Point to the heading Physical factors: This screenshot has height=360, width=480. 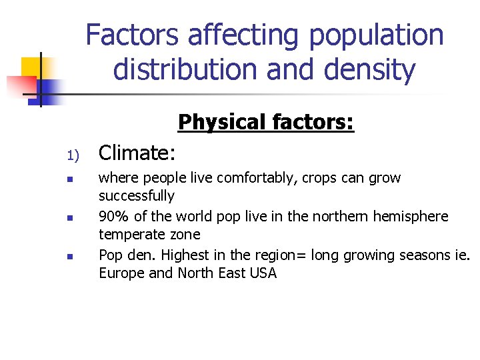pos(265,123)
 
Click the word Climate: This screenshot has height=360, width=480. pos(137,153)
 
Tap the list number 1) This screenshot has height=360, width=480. pos(73,156)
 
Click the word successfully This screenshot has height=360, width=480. pos(136,196)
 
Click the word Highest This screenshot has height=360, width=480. pos(185,255)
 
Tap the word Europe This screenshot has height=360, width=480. pos(120,273)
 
